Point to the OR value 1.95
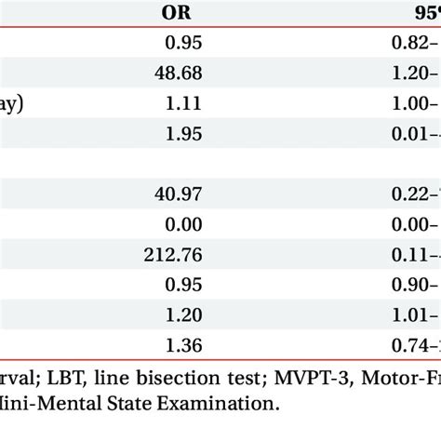point(183,134)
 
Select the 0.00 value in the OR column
point(183,222)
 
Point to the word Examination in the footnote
point(224,405)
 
